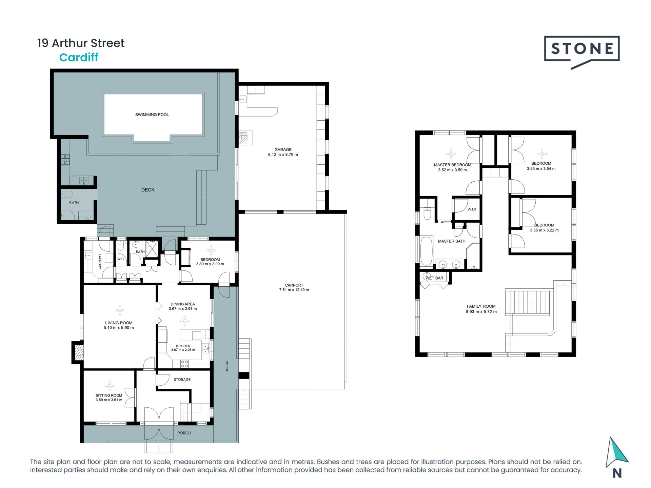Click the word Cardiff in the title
tap(79, 57)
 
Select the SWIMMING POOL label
tap(152, 115)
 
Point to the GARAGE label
tap(283, 149)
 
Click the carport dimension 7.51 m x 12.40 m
tap(294, 290)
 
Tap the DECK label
tap(148, 190)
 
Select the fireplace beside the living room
tap(78, 352)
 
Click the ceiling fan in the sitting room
tap(109, 386)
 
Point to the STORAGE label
tap(182, 380)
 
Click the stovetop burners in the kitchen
tap(184, 364)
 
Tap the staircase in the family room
tap(527, 302)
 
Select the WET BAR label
tap(434, 278)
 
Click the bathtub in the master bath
tap(426, 251)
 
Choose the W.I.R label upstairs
tap(472, 209)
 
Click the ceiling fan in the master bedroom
tap(451, 154)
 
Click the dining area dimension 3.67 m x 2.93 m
tap(183, 309)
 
